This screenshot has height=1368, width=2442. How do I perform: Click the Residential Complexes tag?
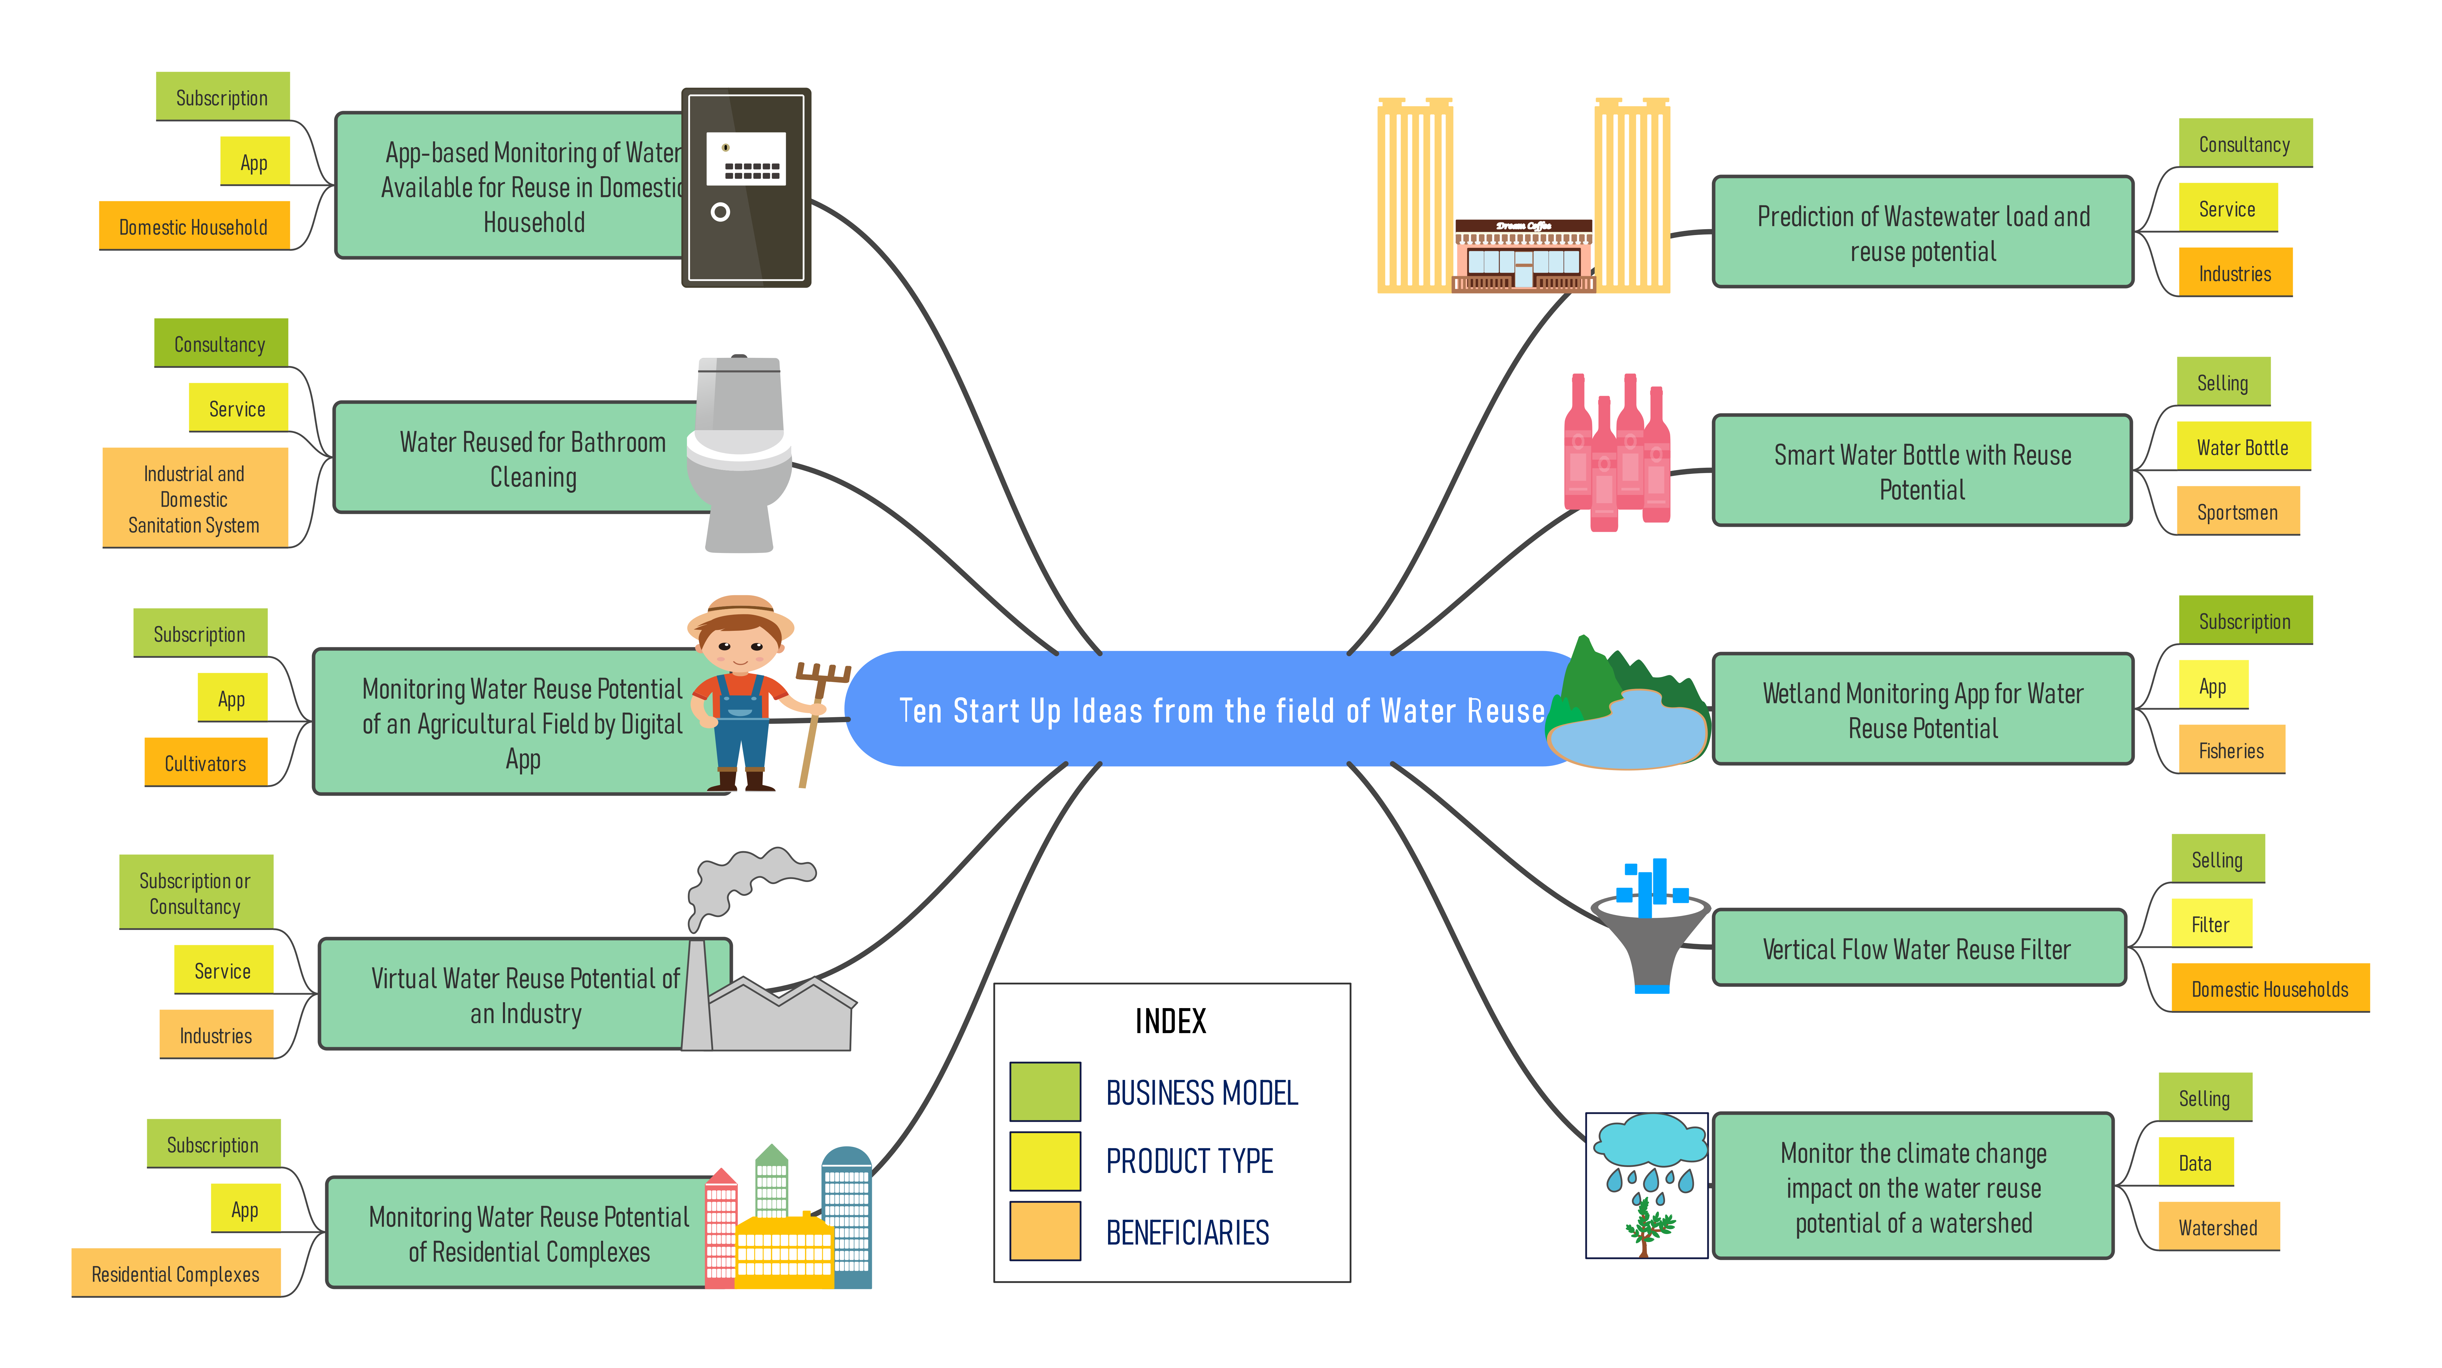pyautogui.click(x=175, y=1273)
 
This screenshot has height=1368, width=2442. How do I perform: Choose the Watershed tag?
pyautogui.click(x=2218, y=1227)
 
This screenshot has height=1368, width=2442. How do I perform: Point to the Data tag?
pyautogui.click(x=2196, y=1162)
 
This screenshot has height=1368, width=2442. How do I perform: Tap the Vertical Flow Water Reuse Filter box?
pyautogui.click(x=1919, y=948)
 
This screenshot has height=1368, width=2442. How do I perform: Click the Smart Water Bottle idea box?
pyautogui.click(x=1923, y=471)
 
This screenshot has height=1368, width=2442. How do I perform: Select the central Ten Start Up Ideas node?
pyautogui.click(x=1221, y=709)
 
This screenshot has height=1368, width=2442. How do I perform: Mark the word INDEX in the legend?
pyautogui.click(x=1171, y=1021)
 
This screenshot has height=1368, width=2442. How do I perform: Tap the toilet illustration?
pyautogui.click(x=739, y=453)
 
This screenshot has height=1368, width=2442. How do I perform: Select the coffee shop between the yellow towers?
pyautogui.click(x=1523, y=254)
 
